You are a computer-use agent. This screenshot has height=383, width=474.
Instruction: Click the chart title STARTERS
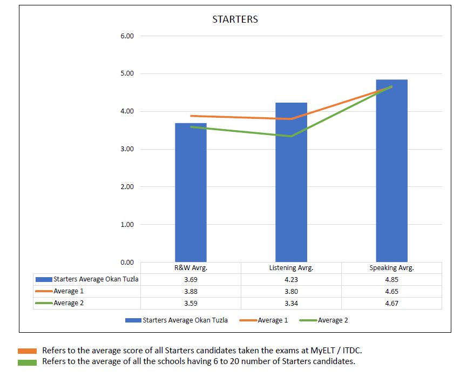click(235, 19)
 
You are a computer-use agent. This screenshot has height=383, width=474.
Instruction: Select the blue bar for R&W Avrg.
click(191, 194)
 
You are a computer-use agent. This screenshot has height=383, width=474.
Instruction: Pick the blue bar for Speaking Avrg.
click(391, 173)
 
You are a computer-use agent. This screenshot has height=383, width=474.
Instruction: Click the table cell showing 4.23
click(291, 280)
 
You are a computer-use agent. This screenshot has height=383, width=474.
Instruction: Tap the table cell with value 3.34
click(291, 303)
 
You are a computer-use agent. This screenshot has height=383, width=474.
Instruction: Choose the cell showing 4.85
click(391, 280)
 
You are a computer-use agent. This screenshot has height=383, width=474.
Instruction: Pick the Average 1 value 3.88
click(191, 292)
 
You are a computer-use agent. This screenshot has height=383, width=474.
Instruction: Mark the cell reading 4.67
click(391, 303)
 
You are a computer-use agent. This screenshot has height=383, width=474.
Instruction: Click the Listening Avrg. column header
click(291, 268)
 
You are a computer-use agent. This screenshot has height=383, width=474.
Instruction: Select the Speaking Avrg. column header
click(391, 268)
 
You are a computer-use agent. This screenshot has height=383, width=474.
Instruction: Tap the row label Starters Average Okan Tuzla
click(96, 279)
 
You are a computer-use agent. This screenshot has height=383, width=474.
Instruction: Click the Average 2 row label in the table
click(69, 303)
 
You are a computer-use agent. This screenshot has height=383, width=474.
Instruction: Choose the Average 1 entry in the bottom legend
click(273, 320)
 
